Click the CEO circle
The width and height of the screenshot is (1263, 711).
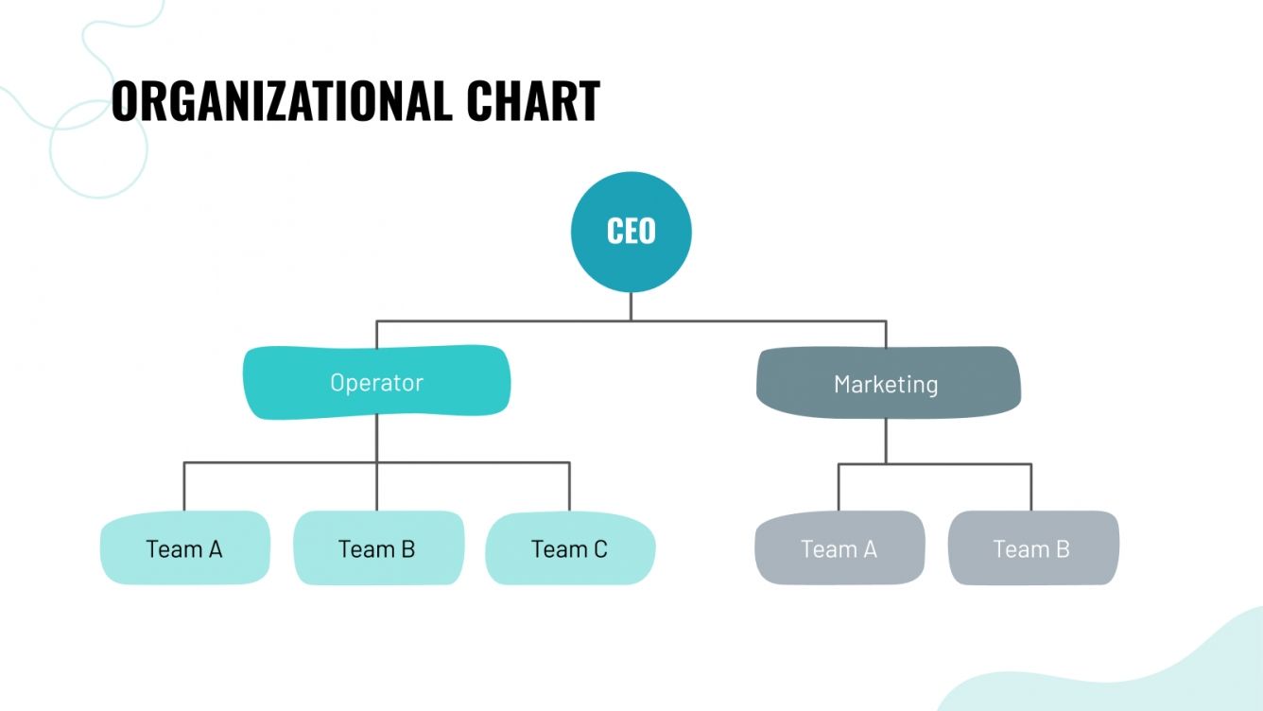point(631,232)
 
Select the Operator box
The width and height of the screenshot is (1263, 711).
point(376,382)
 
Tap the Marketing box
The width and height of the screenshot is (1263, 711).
point(887,383)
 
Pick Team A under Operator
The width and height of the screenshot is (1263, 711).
point(184,548)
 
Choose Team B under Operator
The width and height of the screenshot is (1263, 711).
point(377,548)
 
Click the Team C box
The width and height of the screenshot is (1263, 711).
point(569,548)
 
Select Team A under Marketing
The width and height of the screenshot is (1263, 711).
point(839,548)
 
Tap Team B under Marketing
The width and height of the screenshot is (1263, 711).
point(1031,548)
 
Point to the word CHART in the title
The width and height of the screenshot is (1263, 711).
point(533,100)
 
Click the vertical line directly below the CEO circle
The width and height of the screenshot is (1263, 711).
point(631,306)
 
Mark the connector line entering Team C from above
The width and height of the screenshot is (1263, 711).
point(569,487)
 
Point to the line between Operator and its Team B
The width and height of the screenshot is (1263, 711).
point(376,487)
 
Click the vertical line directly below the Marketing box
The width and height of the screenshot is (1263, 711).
point(886,439)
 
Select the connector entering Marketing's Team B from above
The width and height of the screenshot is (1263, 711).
point(1031,488)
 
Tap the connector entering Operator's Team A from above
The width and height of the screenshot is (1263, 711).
point(184,487)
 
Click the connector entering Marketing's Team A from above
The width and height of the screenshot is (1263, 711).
point(839,488)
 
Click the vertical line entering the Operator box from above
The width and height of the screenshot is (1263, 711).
point(376,334)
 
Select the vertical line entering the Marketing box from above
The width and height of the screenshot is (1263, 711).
point(886,335)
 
